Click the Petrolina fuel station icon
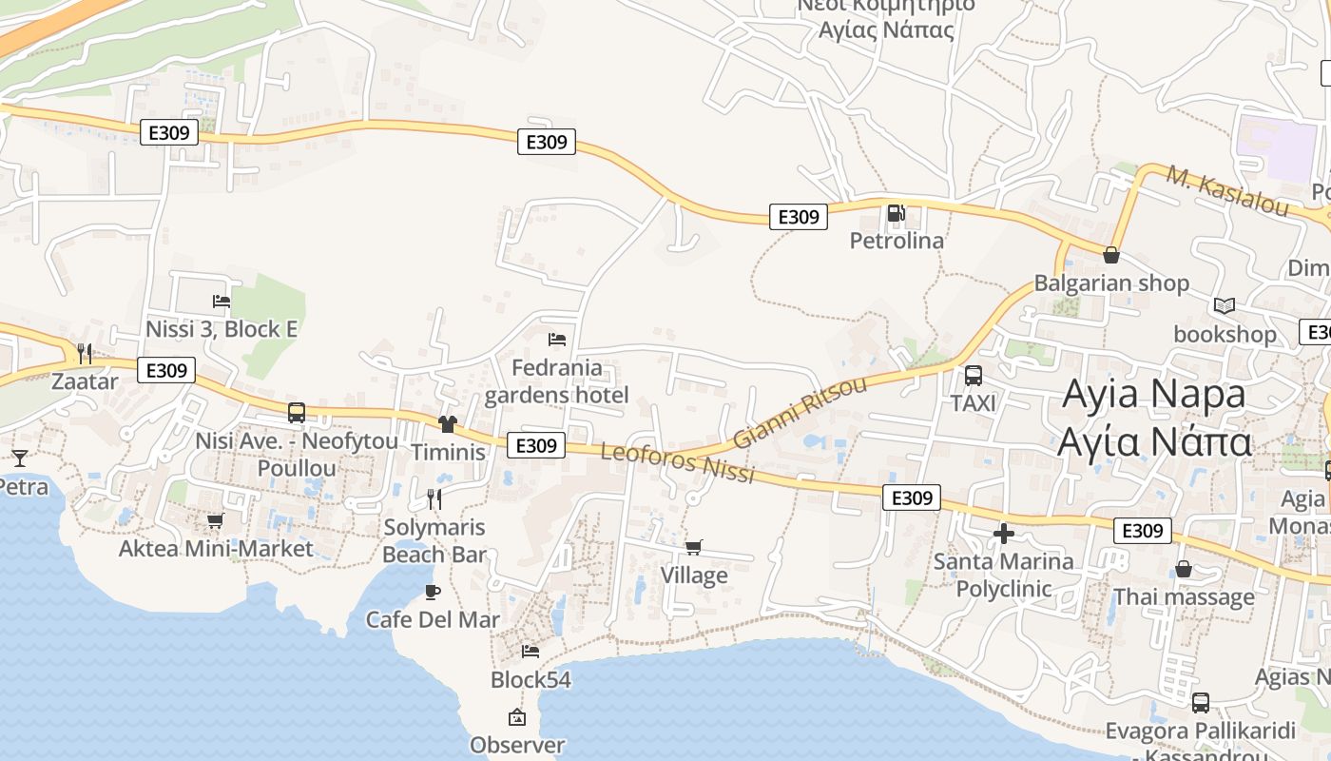pos(895,213)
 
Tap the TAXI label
pos(974,403)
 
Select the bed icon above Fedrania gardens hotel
pos(557,340)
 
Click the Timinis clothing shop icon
pos(448,423)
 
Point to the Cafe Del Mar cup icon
pos(433,592)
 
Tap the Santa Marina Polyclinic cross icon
pos(1003,534)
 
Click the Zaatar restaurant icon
pos(85,354)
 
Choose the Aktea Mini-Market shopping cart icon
pos(215,520)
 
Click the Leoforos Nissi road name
pos(677,461)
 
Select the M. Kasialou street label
pos(1227,191)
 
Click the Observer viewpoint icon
pos(517,717)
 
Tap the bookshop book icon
pos(1225,306)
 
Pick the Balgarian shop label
pos(1111,283)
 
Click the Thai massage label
pos(1184,597)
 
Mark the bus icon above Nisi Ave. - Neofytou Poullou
pos(297,413)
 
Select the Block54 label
pos(530,680)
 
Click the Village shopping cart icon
pos(694,547)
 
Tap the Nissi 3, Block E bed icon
pos(222,302)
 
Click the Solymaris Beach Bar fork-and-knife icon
pos(434,498)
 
